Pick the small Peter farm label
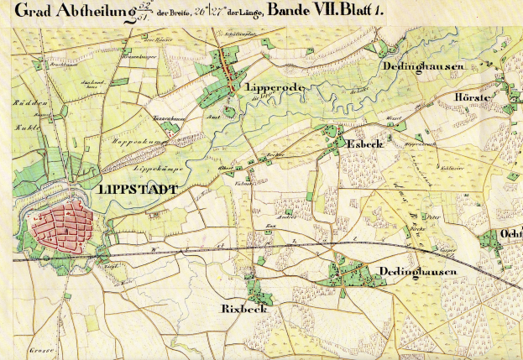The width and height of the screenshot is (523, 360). coord(433,217)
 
